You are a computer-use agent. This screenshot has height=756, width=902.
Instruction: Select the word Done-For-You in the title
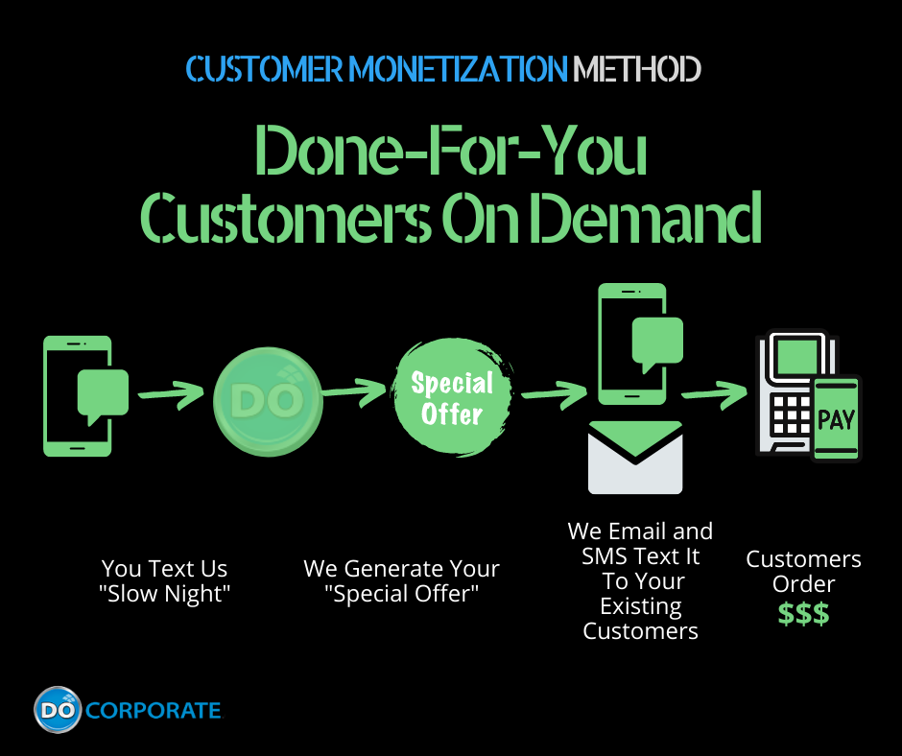pos(451,154)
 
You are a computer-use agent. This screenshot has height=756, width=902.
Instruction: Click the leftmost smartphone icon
pos(77,395)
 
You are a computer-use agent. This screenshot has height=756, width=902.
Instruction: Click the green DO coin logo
pos(268,400)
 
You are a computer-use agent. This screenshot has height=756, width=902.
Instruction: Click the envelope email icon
pos(634,459)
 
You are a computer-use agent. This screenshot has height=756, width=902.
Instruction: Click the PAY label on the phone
pos(836,419)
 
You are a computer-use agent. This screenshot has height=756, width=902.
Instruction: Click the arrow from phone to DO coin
pos(171,393)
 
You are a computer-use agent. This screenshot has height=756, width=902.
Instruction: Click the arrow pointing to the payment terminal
pos(715,391)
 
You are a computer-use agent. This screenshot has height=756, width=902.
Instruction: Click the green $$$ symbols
pos(803,615)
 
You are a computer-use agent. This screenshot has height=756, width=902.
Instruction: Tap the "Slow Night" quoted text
pos(165,594)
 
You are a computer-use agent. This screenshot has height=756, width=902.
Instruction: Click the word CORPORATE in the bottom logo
pos(154,711)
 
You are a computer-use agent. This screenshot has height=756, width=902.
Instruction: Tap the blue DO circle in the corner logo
pos(58,710)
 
